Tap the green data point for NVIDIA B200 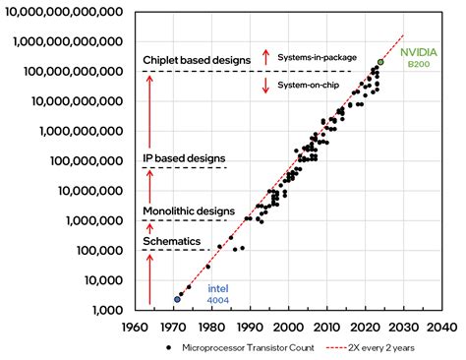(x=380, y=62)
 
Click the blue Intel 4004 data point (x=178, y=298)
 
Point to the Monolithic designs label (x=189, y=210)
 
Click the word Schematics (x=171, y=240)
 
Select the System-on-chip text (x=315, y=85)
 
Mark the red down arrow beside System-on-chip (x=265, y=86)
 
